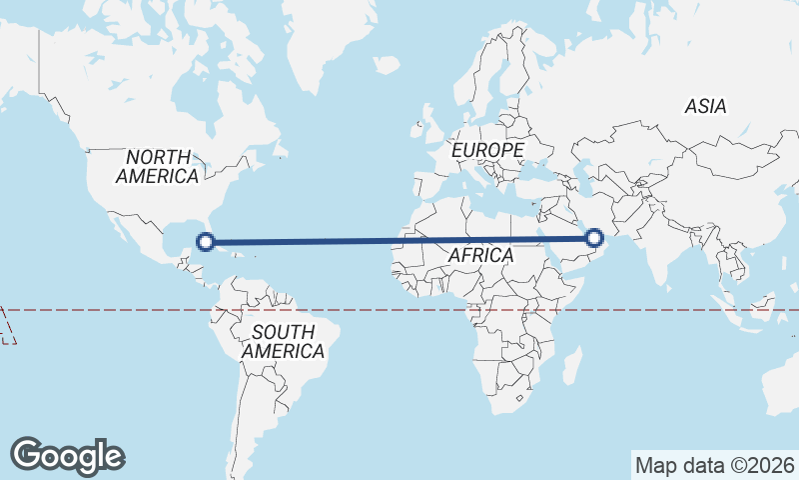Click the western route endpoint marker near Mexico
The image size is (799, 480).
point(206,241)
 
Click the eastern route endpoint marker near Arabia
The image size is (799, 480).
point(594,238)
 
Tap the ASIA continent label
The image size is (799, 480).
point(705,107)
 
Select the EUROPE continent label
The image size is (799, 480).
point(487,150)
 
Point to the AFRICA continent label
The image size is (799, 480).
point(480,256)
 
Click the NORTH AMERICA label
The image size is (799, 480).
point(158,167)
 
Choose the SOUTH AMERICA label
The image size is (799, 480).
point(283,342)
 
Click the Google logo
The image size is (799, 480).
point(68,455)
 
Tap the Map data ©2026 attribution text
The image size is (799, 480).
point(715,465)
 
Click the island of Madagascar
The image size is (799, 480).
point(571,365)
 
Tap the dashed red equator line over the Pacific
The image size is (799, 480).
point(100,311)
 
